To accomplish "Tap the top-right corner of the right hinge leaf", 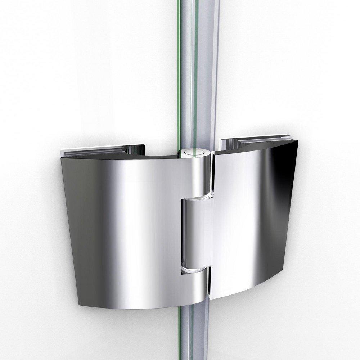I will click(x=297, y=141).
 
